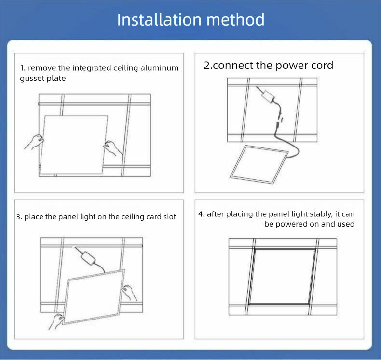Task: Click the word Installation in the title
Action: point(159,20)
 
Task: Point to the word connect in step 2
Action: point(233,65)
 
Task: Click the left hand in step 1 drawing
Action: point(34,142)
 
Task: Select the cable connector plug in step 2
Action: point(279,123)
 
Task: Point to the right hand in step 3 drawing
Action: point(129,293)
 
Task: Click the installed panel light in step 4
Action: point(282,276)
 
